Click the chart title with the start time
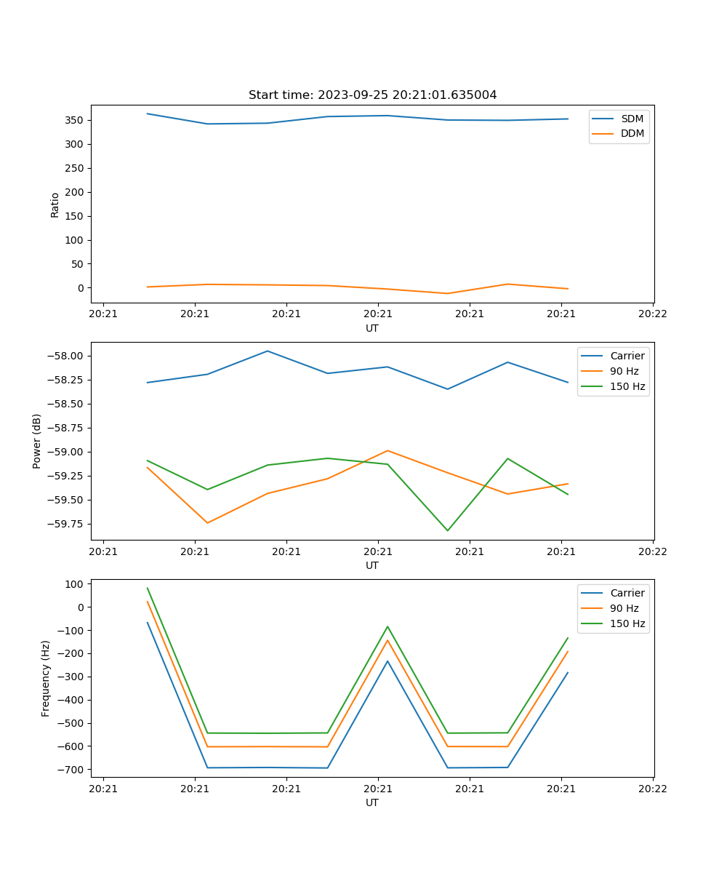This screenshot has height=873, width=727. click(x=372, y=95)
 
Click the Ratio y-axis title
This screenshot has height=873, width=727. click(x=55, y=205)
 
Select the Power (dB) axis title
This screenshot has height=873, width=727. click(x=37, y=441)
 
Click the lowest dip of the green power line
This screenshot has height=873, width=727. click(x=447, y=530)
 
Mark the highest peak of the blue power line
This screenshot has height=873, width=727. click(x=268, y=351)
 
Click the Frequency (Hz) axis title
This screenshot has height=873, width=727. click(x=46, y=678)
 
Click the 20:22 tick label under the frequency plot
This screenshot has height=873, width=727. click(x=652, y=788)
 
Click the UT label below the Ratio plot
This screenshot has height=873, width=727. click(x=372, y=328)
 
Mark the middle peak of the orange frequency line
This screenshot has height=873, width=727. click(x=387, y=639)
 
